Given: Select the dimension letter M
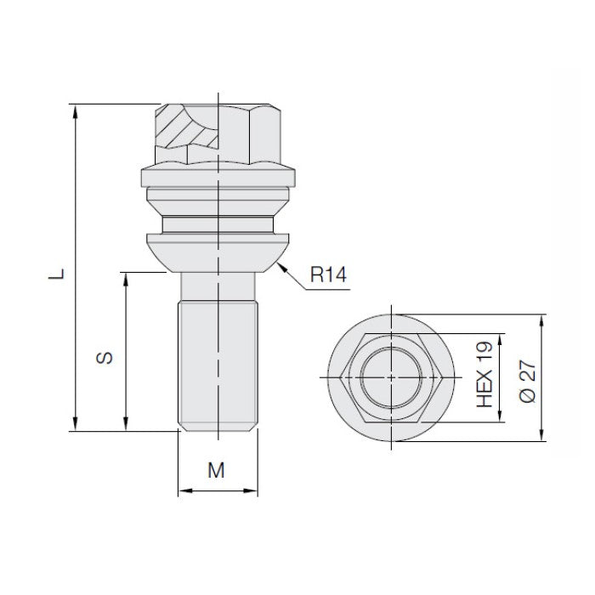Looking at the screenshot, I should [217, 469].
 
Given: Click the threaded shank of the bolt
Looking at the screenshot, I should [217, 357].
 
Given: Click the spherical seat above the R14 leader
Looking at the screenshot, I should [218, 251].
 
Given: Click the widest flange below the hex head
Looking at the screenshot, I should [218, 177].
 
